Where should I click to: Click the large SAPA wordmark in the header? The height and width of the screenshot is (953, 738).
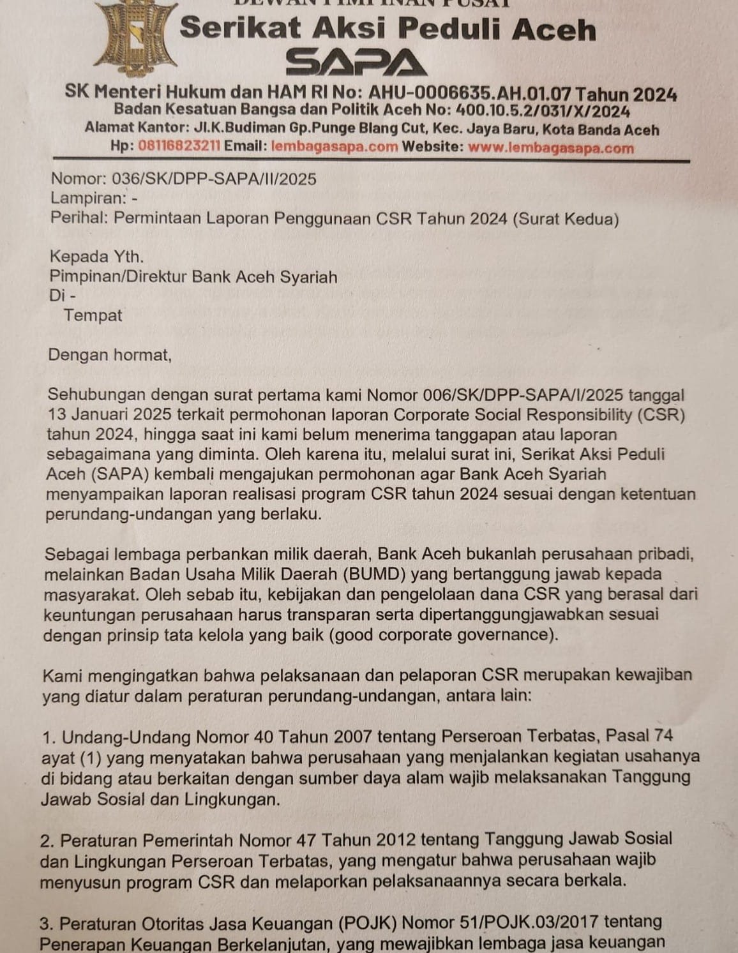tap(356, 63)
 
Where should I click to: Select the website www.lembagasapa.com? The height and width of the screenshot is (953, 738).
tap(551, 147)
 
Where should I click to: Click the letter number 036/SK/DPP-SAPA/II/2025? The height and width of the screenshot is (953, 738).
tap(214, 179)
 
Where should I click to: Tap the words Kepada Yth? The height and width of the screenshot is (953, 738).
tap(96, 257)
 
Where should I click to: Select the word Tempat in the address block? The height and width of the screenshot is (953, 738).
tap(93, 315)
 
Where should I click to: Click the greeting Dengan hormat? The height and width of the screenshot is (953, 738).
tap(110, 354)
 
